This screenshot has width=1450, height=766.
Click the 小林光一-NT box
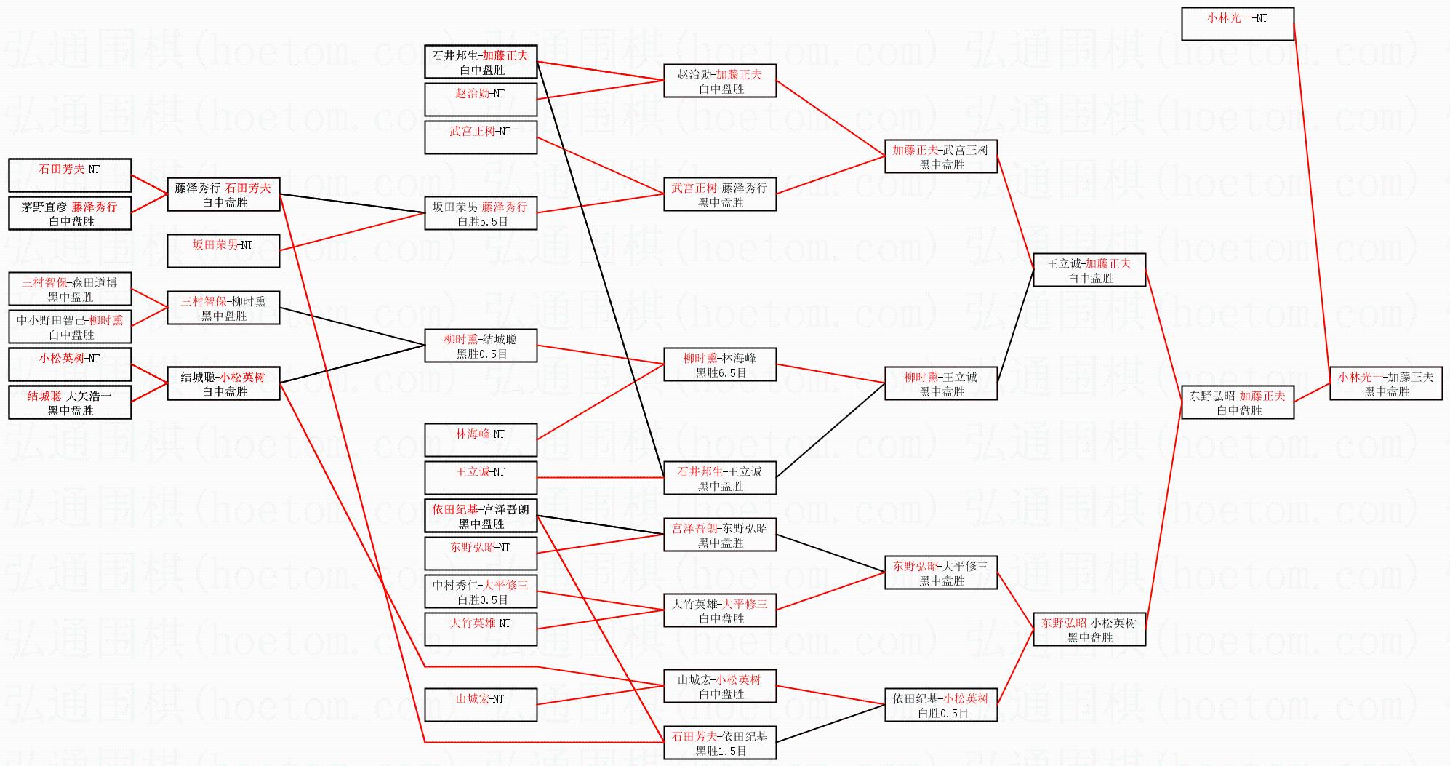tap(1237, 24)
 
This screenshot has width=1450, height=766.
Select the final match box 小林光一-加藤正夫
tap(1386, 383)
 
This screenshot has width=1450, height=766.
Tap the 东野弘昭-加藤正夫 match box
tap(1238, 402)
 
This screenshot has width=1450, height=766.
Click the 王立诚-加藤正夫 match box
tap(1089, 270)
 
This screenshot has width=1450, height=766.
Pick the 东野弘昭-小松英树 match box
tap(1089, 629)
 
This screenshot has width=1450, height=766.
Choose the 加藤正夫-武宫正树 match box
tap(941, 156)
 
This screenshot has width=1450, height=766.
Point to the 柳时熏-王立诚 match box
tap(941, 383)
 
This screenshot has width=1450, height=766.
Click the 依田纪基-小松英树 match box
tap(941, 705)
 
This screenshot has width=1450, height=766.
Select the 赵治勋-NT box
tap(481, 100)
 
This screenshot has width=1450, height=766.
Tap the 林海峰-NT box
tap(481, 440)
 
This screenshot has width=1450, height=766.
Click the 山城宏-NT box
tap(481, 705)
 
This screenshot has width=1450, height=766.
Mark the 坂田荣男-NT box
tap(223, 251)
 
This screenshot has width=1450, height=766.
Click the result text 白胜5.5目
tap(482, 221)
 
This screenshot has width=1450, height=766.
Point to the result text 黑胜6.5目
tap(721, 372)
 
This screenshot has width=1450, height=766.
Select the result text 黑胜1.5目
tap(721, 751)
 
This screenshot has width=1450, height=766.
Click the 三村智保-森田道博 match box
tap(70, 289)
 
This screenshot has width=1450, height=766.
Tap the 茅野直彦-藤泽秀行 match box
tap(70, 213)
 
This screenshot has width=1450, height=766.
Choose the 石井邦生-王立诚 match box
tap(720, 478)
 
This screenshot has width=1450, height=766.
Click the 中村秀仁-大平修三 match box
tap(481, 591)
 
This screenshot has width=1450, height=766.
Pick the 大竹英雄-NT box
tap(481, 629)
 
